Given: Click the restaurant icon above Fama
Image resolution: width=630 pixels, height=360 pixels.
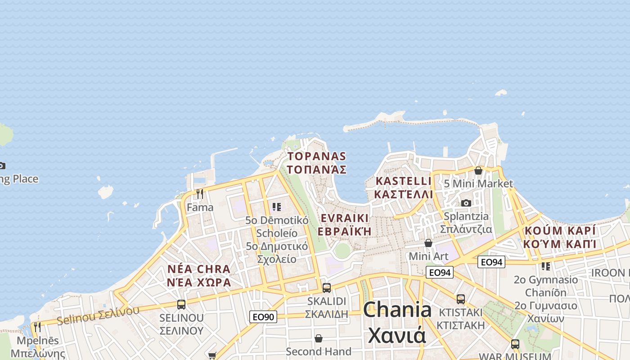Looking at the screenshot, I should point(200,194).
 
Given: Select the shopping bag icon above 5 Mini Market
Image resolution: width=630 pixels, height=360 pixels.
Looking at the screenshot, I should point(478,171).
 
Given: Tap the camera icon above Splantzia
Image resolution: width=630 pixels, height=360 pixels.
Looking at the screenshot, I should point(466,203).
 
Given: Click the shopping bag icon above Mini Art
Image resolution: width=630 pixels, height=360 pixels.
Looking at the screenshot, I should point(428,243).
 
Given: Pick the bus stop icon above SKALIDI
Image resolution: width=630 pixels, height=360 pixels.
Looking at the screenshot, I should point(327,288).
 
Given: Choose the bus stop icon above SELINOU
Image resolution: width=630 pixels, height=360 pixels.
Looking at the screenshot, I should point(181,305).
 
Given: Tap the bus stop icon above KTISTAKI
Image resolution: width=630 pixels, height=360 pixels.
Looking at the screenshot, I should point(461,299).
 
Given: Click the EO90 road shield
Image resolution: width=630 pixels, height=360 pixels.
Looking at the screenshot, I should point(263,317).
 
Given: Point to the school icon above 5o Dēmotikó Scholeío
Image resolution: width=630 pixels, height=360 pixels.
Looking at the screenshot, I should point(277,207).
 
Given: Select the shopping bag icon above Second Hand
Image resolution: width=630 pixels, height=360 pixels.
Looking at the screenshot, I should point(319,338).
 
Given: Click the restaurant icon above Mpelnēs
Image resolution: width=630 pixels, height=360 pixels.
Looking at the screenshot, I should point(37,327).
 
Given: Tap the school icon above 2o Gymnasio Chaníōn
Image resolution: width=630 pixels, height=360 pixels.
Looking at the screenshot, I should point(546,266).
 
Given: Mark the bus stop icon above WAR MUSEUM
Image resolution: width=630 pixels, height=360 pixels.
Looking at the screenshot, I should point(515,344).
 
